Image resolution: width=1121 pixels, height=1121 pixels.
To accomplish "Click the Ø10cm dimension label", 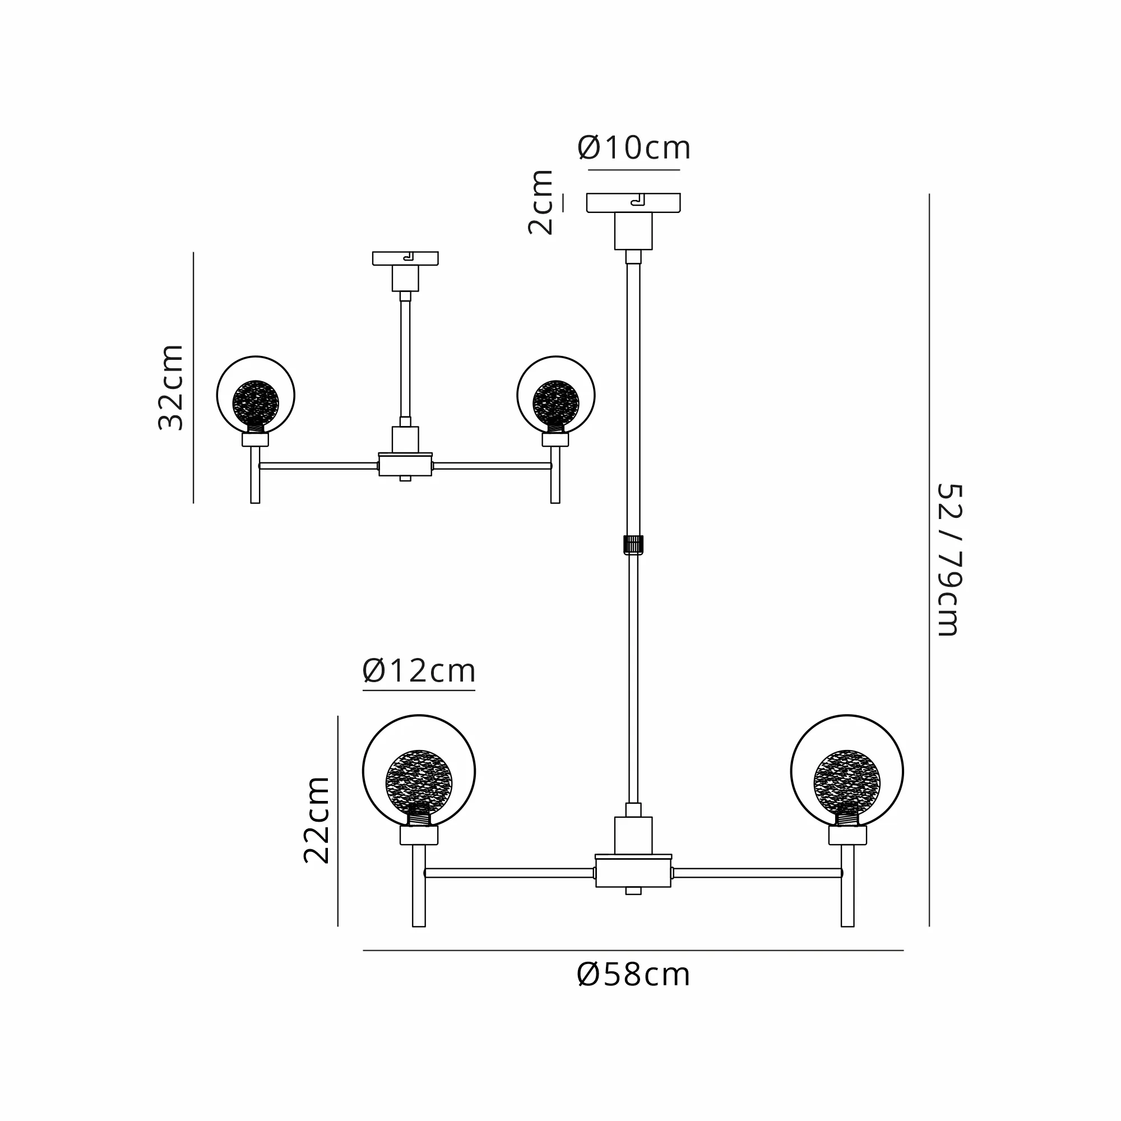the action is [x=633, y=148].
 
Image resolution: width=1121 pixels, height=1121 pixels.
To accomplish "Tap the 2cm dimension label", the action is [x=540, y=202].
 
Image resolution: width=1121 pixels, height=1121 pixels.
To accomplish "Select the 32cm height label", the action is [x=170, y=387].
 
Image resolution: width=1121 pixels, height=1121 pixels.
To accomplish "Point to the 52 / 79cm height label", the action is [x=950, y=560].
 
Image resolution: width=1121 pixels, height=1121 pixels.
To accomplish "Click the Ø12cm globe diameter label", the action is [x=419, y=671].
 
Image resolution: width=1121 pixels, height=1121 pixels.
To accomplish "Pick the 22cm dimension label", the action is [x=316, y=820].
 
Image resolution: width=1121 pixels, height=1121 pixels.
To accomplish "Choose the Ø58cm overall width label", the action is [x=633, y=975].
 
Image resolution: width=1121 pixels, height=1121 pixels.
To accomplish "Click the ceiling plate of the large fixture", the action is [x=633, y=203].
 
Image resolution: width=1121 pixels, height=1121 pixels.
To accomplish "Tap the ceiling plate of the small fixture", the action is [x=405, y=258].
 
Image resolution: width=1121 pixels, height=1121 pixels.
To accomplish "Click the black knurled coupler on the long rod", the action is [x=633, y=545].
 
